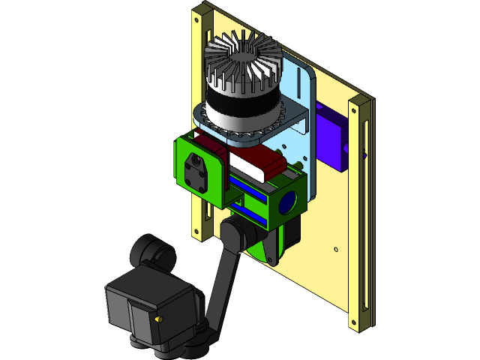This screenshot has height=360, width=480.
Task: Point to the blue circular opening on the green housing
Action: coord(288,202)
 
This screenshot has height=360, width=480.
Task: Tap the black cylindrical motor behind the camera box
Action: coord(152,253)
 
